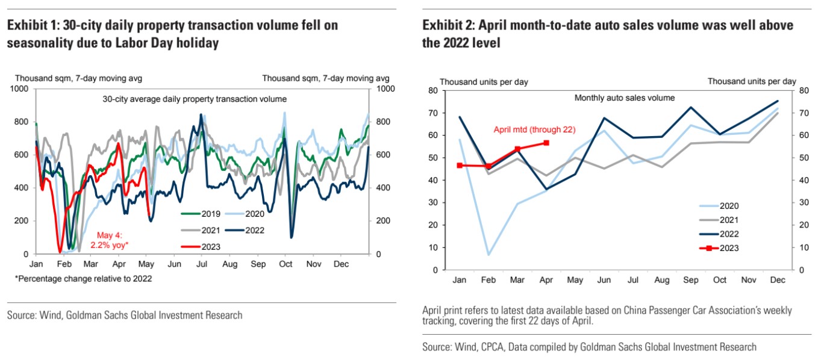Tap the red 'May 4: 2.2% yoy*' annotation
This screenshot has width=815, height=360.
pos(110,240)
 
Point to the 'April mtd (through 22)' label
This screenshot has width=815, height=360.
pos(534,129)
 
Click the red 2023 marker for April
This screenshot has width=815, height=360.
pos(546,143)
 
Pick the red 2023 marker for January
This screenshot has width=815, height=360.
pos(460,166)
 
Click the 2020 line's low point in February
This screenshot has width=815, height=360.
pos(489,255)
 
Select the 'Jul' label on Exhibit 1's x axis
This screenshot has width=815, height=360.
pos(202,264)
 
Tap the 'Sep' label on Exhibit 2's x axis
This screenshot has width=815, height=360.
pos(690,280)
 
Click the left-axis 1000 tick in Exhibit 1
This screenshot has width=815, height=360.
pos(19,88)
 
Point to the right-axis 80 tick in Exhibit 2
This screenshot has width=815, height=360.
pos(804,90)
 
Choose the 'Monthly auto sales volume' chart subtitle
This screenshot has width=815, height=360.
pos(624,98)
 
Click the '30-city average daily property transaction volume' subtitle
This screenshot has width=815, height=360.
pos(195,99)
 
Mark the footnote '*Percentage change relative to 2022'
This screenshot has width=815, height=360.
pos(83,279)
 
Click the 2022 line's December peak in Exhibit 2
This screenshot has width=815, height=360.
pos(778,101)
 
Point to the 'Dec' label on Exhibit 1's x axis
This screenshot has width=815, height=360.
pos(342,264)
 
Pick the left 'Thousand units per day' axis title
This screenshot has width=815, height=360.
pos(484,82)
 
